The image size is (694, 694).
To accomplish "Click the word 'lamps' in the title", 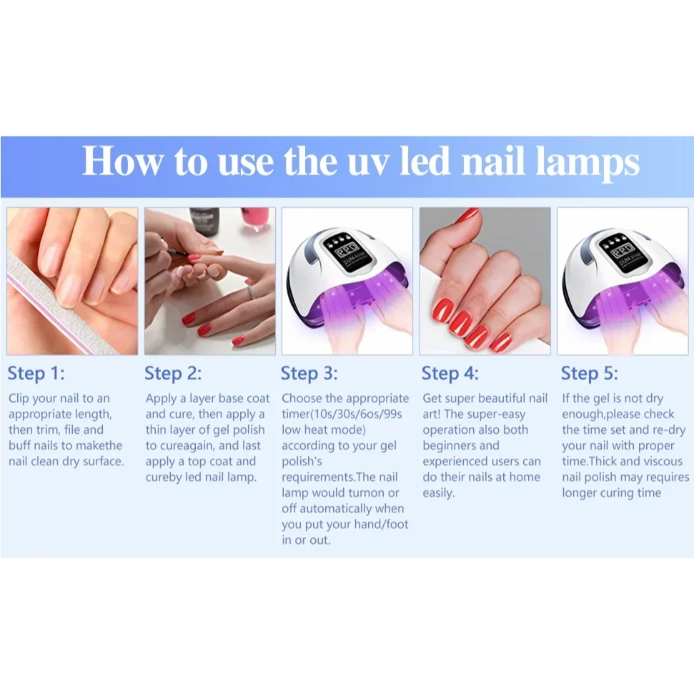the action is [x=587, y=162].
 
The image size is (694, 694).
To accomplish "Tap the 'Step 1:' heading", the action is [x=36, y=373].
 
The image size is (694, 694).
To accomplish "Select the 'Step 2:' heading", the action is [x=173, y=373].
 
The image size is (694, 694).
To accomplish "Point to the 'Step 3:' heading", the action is [x=309, y=373].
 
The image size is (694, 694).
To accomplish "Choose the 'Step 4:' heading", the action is [x=450, y=373].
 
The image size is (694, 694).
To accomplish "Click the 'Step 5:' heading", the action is [x=590, y=373].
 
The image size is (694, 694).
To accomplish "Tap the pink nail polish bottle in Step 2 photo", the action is [x=255, y=219].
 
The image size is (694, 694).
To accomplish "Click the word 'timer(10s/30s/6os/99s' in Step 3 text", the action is [x=342, y=414].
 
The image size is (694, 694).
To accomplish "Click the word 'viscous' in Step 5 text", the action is [x=659, y=461].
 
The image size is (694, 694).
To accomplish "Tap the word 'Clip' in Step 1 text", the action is [x=18, y=398].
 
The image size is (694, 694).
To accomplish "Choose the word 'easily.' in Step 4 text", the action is [x=439, y=493].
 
